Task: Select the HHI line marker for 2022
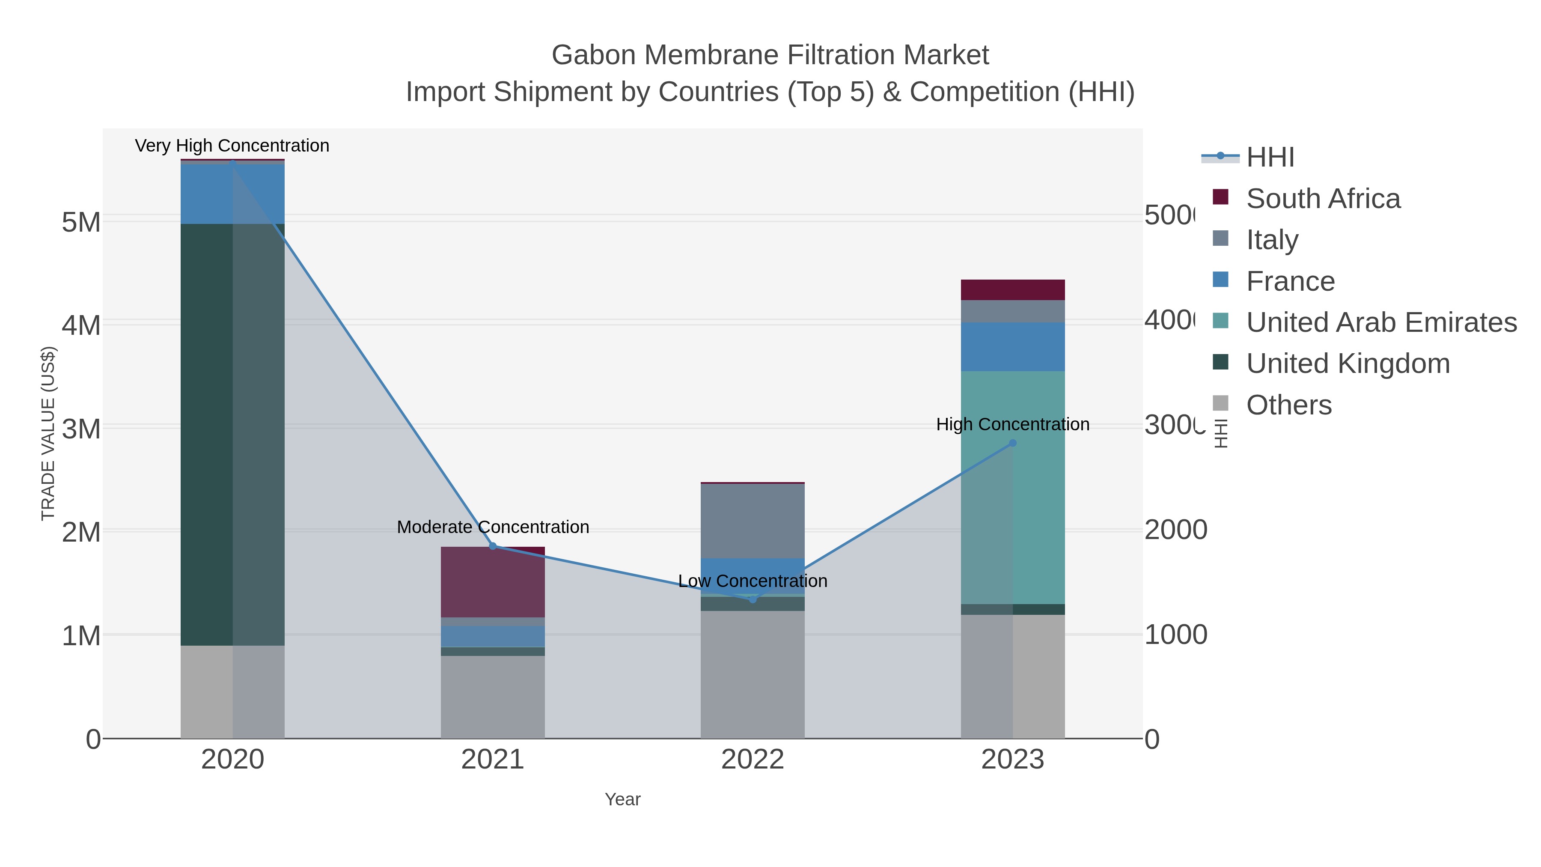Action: pyautogui.click(x=753, y=599)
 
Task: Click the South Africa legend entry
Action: pyautogui.click(x=1323, y=199)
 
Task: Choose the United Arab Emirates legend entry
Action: pyautogui.click(x=1380, y=322)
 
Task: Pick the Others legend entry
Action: pyautogui.click(x=1288, y=405)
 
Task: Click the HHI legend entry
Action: pyautogui.click(x=1270, y=158)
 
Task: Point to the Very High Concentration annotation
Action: pyautogui.click(x=232, y=146)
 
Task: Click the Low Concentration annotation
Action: pyautogui.click(x=753, y=581)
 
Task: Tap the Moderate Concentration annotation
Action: pyautogui.click(x=493, y=527)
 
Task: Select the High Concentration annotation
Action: pyautogui.click(x=1012, y=424)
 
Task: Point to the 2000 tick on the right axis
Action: pyautogui.click(x=1175, y=530)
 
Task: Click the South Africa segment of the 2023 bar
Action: pyautogui.click(x=1012, y=289)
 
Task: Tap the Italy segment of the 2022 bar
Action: pyautogui.click(x=753, y=521)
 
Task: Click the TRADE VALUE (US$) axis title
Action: pyautogui.click(x=48, y=433)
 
